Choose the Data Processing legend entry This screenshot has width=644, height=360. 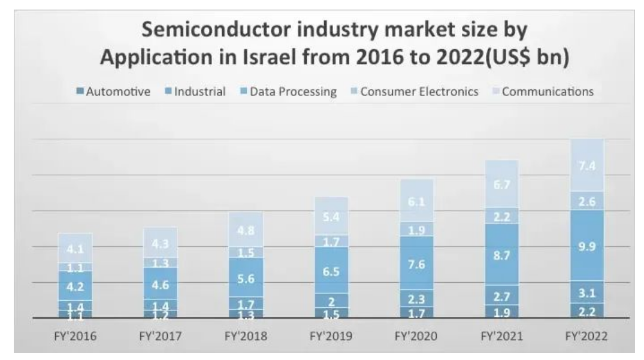287,92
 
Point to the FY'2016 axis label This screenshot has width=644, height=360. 75,337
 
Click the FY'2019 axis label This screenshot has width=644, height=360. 331,337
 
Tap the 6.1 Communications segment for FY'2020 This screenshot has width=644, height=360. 416,201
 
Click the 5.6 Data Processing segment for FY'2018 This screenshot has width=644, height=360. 246,277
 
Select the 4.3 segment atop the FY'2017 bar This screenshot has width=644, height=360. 160,242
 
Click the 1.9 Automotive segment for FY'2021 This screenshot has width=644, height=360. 501,311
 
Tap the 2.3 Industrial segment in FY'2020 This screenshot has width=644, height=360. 416,298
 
